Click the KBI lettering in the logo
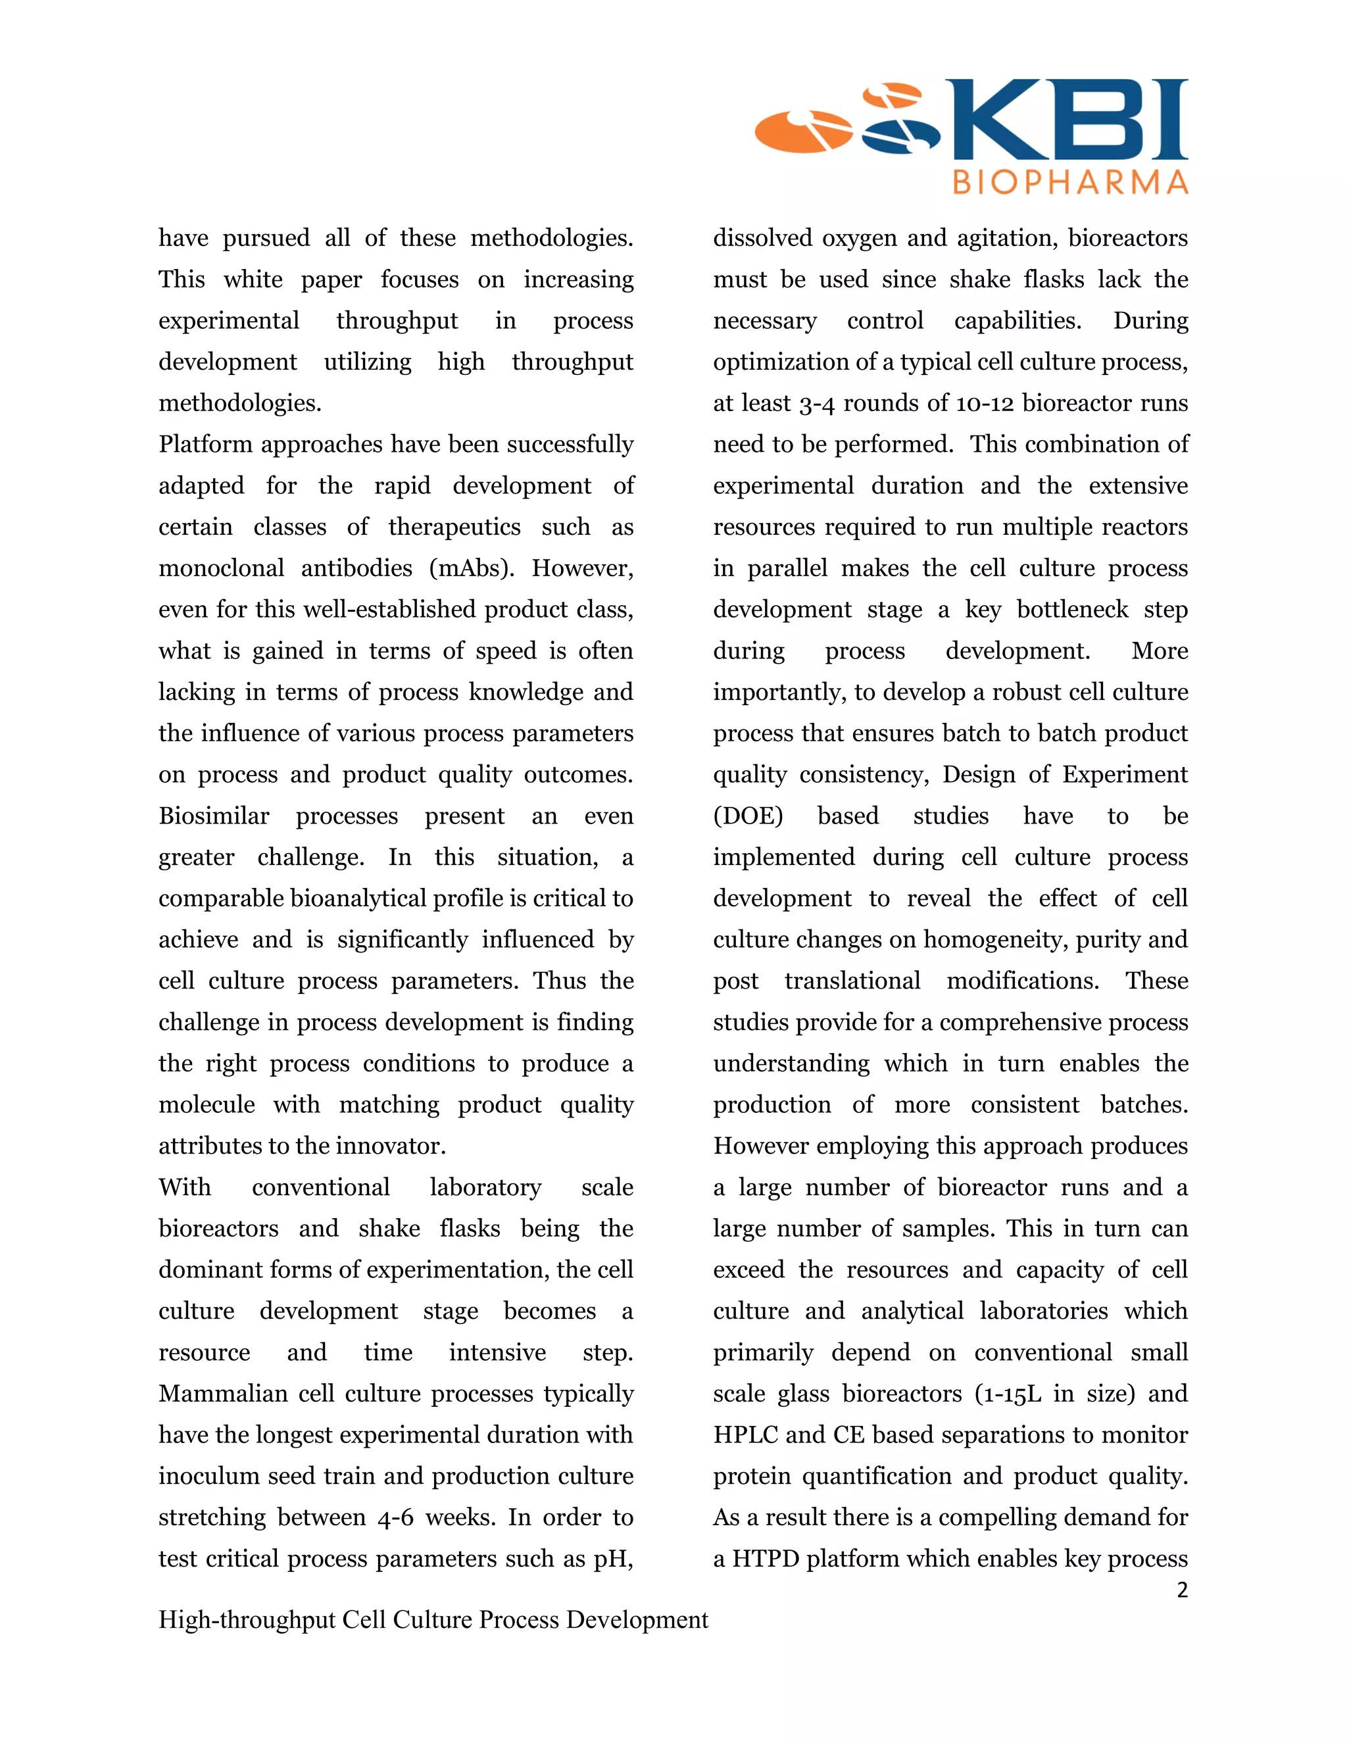pyautogui.click(x=1069, y=120)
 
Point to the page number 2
pyautogui.click(x=1182, y=1590)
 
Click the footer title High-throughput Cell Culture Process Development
pyautogui.click(x=433, y=1619)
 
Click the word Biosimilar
pyautogui.click(x=214, y=816)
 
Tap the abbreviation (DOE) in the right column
pyautogui.click(x=748, y=816)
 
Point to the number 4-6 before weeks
pyautogui.click(x=395, y=1517)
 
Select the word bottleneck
pyautogui.click(x=1073, y=610)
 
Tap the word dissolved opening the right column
pyautogui.click(x=763, y=238)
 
